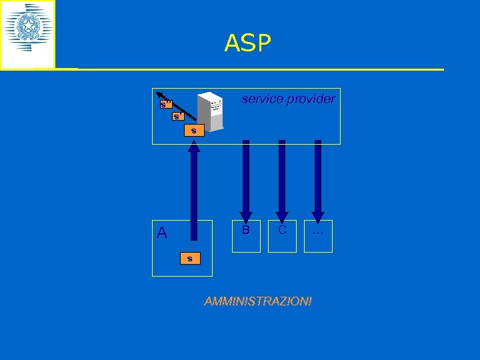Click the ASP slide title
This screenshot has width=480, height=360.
pos(248,43)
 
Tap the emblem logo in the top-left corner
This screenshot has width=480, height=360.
pos(27,34)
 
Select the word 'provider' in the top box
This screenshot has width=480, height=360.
pos(311,99)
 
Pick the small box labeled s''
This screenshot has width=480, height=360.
pos(166,104)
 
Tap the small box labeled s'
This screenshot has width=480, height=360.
pos(177,117)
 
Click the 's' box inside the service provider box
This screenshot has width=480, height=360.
pos(193,130)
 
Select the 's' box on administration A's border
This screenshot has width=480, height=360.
pos(189,258)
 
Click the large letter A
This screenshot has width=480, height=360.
pos(162,233)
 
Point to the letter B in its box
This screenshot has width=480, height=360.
pos(246,230)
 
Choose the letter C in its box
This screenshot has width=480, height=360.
pos(282,230)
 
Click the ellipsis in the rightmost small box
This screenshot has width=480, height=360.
pos(318,231)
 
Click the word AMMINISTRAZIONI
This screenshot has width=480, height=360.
pos(258,301)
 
